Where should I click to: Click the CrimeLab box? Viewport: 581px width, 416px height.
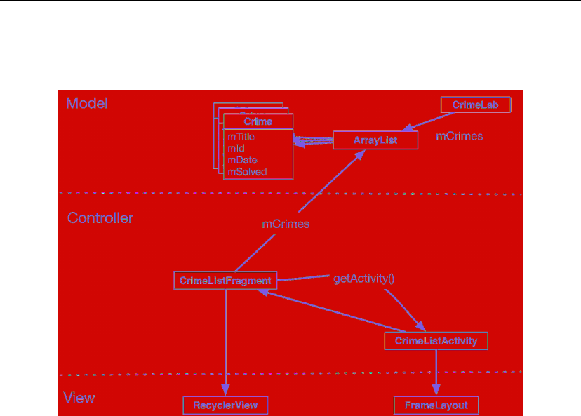476,105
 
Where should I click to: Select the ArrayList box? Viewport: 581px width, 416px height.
375,140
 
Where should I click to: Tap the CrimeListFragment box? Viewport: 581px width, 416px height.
225,281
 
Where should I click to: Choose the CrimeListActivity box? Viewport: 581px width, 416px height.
436,341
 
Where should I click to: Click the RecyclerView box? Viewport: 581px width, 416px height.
225,405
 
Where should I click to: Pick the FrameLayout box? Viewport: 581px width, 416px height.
436,405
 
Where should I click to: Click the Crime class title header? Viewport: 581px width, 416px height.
258,121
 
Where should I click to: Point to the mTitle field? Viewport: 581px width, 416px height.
241,137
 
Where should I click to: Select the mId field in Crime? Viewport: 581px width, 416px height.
236,149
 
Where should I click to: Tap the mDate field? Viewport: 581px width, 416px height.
242,160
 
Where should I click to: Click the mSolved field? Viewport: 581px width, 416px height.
247,171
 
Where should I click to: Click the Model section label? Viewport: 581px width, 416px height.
87,103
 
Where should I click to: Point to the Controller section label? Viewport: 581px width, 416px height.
100,218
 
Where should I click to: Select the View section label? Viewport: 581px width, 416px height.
79,398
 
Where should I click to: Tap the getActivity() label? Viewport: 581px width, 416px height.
364,278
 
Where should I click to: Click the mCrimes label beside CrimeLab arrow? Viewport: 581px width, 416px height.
460,136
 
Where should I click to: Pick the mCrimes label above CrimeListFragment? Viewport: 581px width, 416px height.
286,224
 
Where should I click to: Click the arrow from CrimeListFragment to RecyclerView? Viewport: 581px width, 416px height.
225,344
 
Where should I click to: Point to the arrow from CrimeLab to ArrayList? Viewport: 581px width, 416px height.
428,121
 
